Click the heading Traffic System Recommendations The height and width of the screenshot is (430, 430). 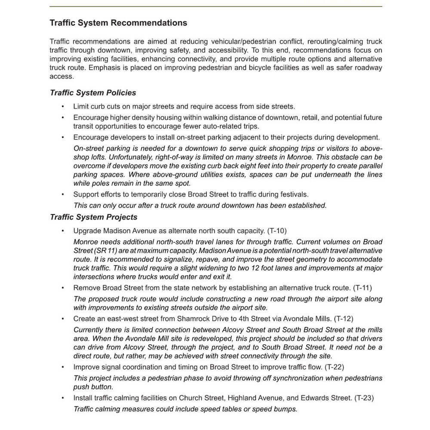[x=118, y=23]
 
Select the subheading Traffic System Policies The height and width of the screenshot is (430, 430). [x=93, y=92]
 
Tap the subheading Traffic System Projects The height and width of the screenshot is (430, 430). [x=94, y=217]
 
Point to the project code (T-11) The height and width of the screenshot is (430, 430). [x=362, y=288]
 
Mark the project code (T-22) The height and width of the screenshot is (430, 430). [x=334, y=367]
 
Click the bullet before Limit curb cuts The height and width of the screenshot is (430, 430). [x=63, y=106]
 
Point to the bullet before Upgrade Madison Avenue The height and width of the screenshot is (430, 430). [x=63, y=231]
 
